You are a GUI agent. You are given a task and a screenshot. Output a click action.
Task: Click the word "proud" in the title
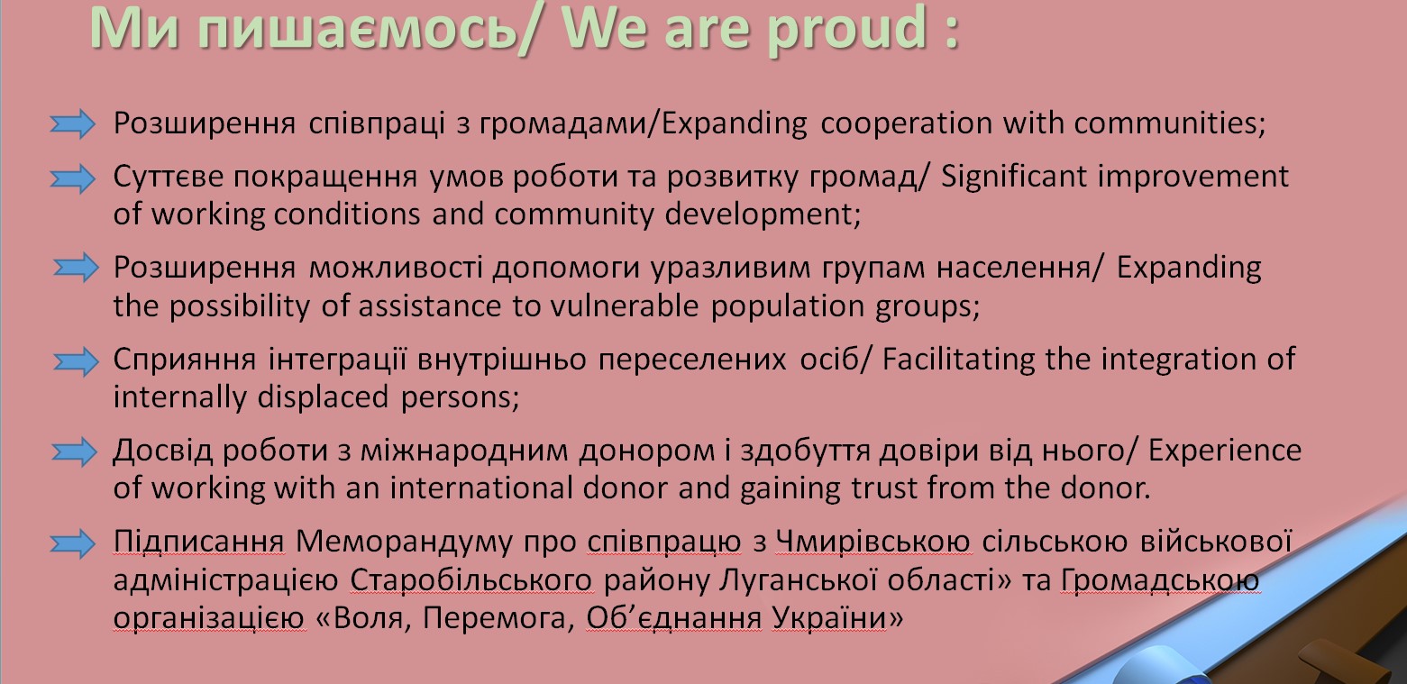click(x=846, y=30)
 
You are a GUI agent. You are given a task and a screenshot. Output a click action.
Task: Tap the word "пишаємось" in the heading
click(x=357, y=30)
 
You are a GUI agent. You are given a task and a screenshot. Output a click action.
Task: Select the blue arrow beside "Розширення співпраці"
click(x=73, y=123)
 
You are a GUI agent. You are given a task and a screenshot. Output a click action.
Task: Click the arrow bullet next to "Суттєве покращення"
click(x=73, y=178)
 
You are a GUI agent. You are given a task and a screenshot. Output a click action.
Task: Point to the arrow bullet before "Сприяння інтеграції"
click(x=76, y=361)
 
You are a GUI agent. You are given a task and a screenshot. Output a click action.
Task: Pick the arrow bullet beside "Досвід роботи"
click(x=74, y=452)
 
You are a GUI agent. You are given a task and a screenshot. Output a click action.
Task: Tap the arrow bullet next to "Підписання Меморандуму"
click(x=73, y=543)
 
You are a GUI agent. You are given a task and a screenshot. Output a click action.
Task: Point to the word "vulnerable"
click(x=625, y=306)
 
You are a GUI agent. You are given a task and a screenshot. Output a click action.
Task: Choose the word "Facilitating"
click(x=958, y=360)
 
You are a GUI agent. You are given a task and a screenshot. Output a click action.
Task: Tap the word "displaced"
click(x=323, y=397)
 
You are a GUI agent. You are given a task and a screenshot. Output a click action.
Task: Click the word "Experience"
click(x=1225, y=451)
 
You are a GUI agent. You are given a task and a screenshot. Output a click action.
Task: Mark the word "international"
click(x=480, y=488)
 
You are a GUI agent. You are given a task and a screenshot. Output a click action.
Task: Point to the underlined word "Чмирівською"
click(x=873, y=542)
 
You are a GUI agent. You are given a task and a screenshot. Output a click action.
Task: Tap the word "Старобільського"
click(x=471, y=580)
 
